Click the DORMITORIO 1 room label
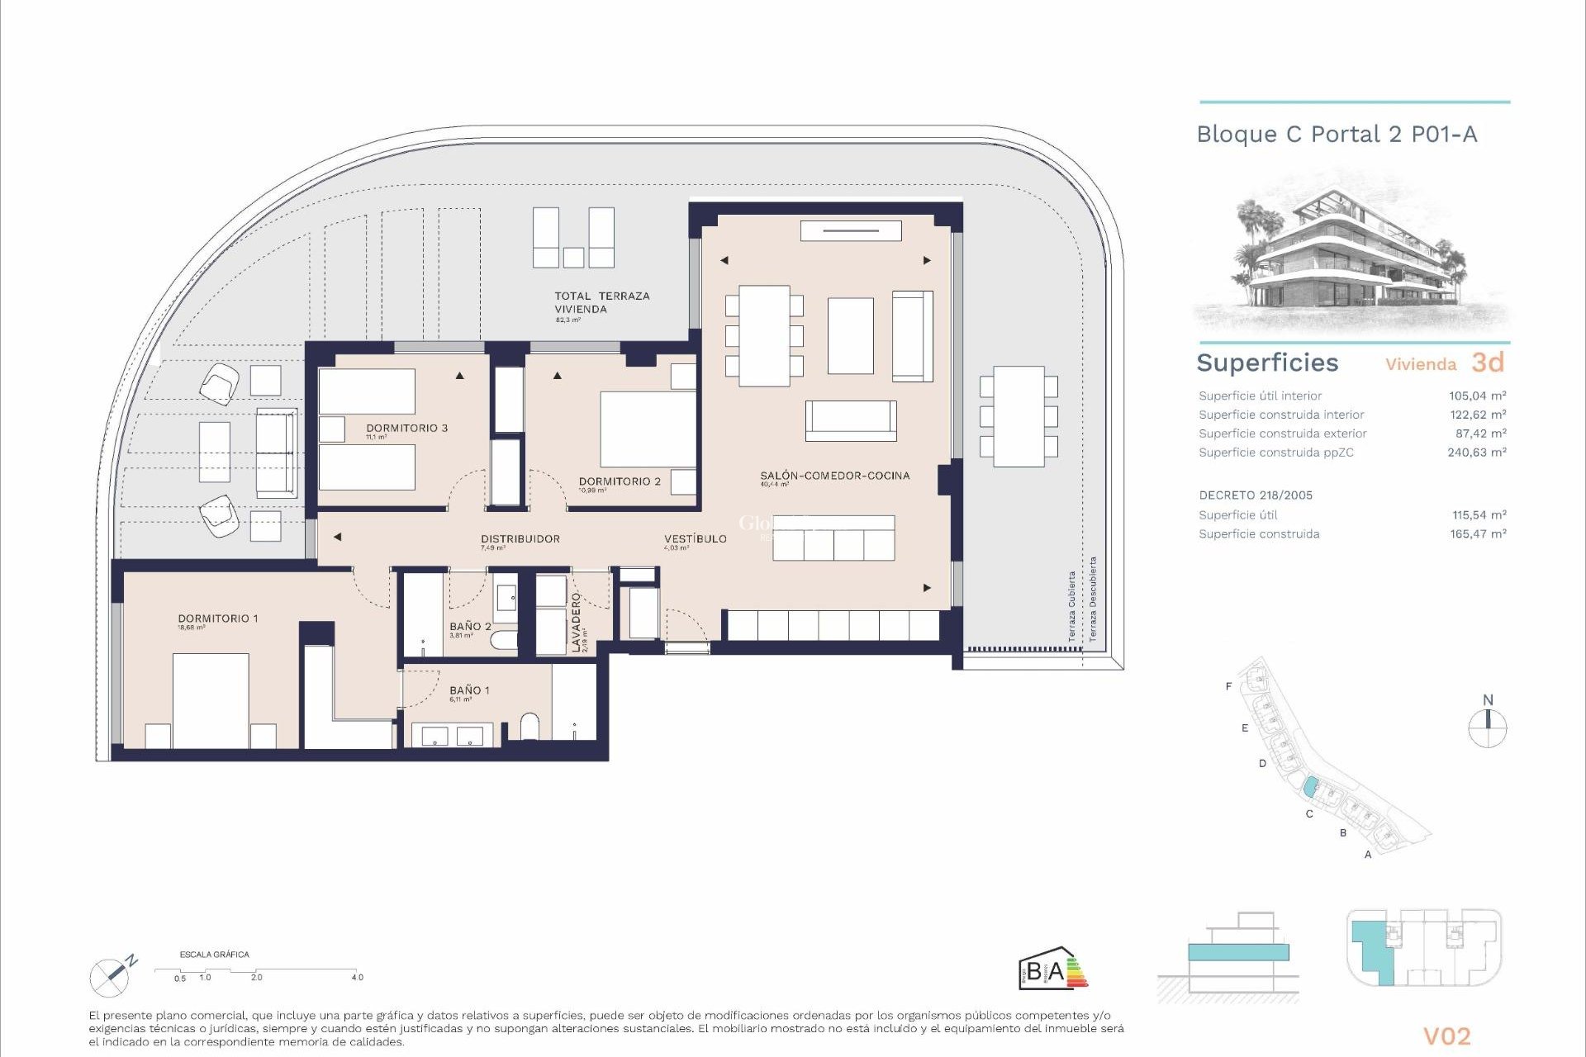218,619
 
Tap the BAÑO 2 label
470,627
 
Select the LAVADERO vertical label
577,623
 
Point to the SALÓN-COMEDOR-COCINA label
834,476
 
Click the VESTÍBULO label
696,538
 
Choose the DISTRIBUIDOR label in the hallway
520,538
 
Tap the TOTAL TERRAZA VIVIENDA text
601,302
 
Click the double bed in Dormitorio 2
648,429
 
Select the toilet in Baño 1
529,727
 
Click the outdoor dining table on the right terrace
1019,416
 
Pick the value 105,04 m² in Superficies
1477,396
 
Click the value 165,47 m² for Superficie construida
1478,533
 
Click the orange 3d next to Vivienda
1488,363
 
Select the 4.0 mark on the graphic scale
357,977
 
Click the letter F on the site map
1228,686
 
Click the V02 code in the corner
1446,1036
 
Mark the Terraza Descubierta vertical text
1092,599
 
